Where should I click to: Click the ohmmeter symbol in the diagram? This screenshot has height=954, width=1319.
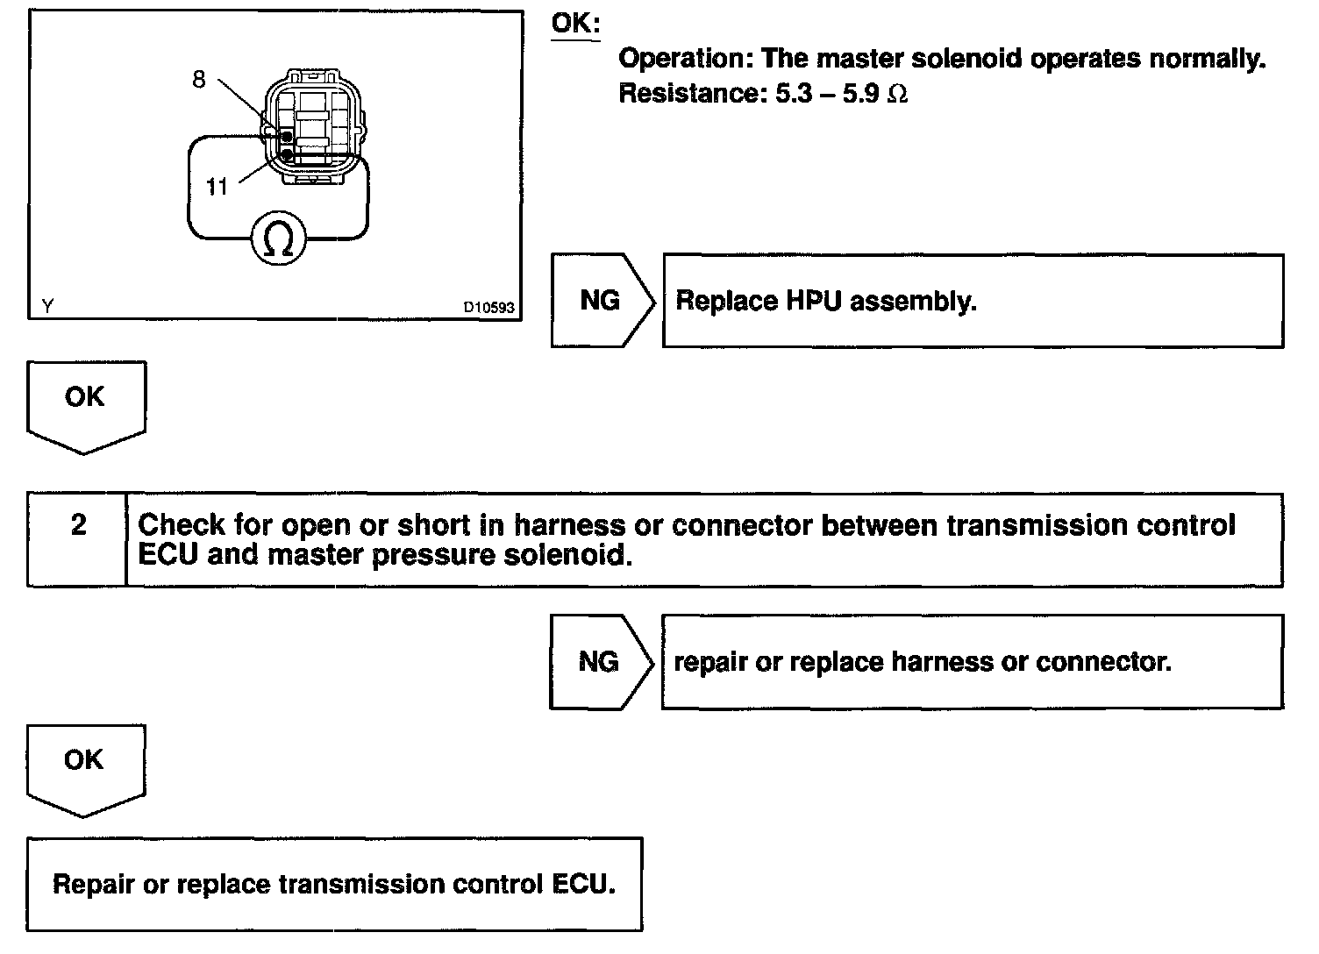(x=279, y=238)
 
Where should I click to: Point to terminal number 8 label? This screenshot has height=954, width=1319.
(x=199, y=80)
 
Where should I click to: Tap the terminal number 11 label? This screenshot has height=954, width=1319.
(x=217, y=186)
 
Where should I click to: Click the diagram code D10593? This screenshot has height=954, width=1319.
(x=489, y=308)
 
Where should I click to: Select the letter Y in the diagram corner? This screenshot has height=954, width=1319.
(x=47, y=306)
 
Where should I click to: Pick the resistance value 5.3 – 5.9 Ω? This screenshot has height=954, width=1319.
(x=840, y=94)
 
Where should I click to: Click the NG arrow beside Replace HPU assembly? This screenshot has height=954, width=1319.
(x=602, y=301)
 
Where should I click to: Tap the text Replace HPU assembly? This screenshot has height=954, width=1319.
(x=825, y=302)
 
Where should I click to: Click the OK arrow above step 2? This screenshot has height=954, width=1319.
(x=85, y=403)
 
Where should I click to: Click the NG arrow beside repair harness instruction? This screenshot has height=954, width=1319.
(x=600, y=662)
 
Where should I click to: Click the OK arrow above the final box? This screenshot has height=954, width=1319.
(x=84, y=765)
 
